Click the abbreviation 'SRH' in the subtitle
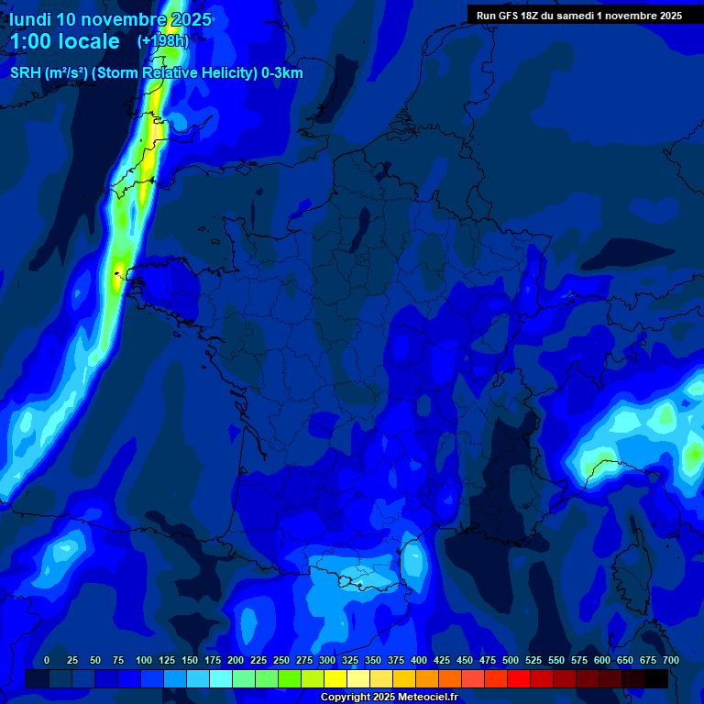pyautogui.click(x=25, y=73)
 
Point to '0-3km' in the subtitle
pyautogui.click(x=281, y=73)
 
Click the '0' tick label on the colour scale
pyautogui.click(x=47, y=660)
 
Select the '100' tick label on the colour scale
pyautogui.click(x=144, y=660)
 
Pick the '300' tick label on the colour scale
pyautogui.click(x=327, y=660)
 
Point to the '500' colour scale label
pyautogui.click(x=511, y=660)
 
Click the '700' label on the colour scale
pyautogui.click(x=671, y=660)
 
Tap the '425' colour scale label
pyautogui.click(x=442, y=660)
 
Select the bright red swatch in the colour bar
pyautogui.click(x=519, y=678)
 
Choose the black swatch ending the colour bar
pyautogui.click(x=656, y=678)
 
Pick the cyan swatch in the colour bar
pyautogui.click(x=221, y=678)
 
